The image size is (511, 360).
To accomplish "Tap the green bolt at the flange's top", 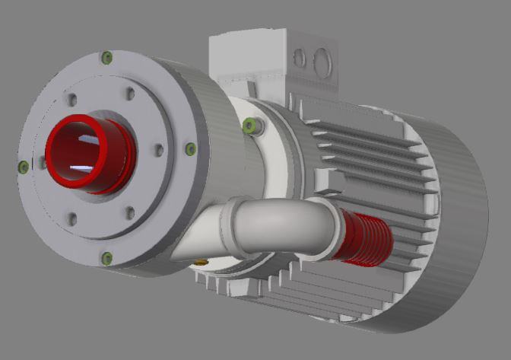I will click(x=106, y=56).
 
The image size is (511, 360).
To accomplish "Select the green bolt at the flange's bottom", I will click(x=106, y=257).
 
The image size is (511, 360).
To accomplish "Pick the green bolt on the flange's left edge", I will click(x=23, y=166).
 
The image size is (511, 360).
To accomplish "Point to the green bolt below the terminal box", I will click(x=248, y=125).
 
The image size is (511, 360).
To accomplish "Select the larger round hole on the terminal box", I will click(x=322, y=59).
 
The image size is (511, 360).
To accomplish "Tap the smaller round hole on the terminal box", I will click(x=300, y=58).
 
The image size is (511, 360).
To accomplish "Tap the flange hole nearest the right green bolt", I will click(x=158, y=151).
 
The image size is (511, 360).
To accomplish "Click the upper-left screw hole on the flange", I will click(x=71, y=100).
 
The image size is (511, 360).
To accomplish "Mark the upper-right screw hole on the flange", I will click(x=130, y=93).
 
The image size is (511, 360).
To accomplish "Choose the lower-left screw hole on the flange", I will click(x=72, y=219).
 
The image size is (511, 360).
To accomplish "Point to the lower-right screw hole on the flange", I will click(x=130, y=212).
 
